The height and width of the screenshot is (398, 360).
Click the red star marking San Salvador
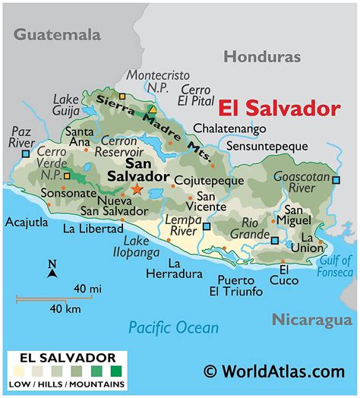(x=137, y=188)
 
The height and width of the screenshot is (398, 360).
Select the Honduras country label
(x=261, y=56)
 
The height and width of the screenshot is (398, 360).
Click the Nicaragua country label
(x=314, y=320)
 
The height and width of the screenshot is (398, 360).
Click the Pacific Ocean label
(x=173, y=327)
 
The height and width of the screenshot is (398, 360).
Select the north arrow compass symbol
(x=52, y=270)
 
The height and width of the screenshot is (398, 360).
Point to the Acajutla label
(x=27, y=223)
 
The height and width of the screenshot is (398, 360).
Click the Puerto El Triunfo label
(x=236, y=285)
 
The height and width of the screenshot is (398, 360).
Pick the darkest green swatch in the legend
(x=115, y=373)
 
